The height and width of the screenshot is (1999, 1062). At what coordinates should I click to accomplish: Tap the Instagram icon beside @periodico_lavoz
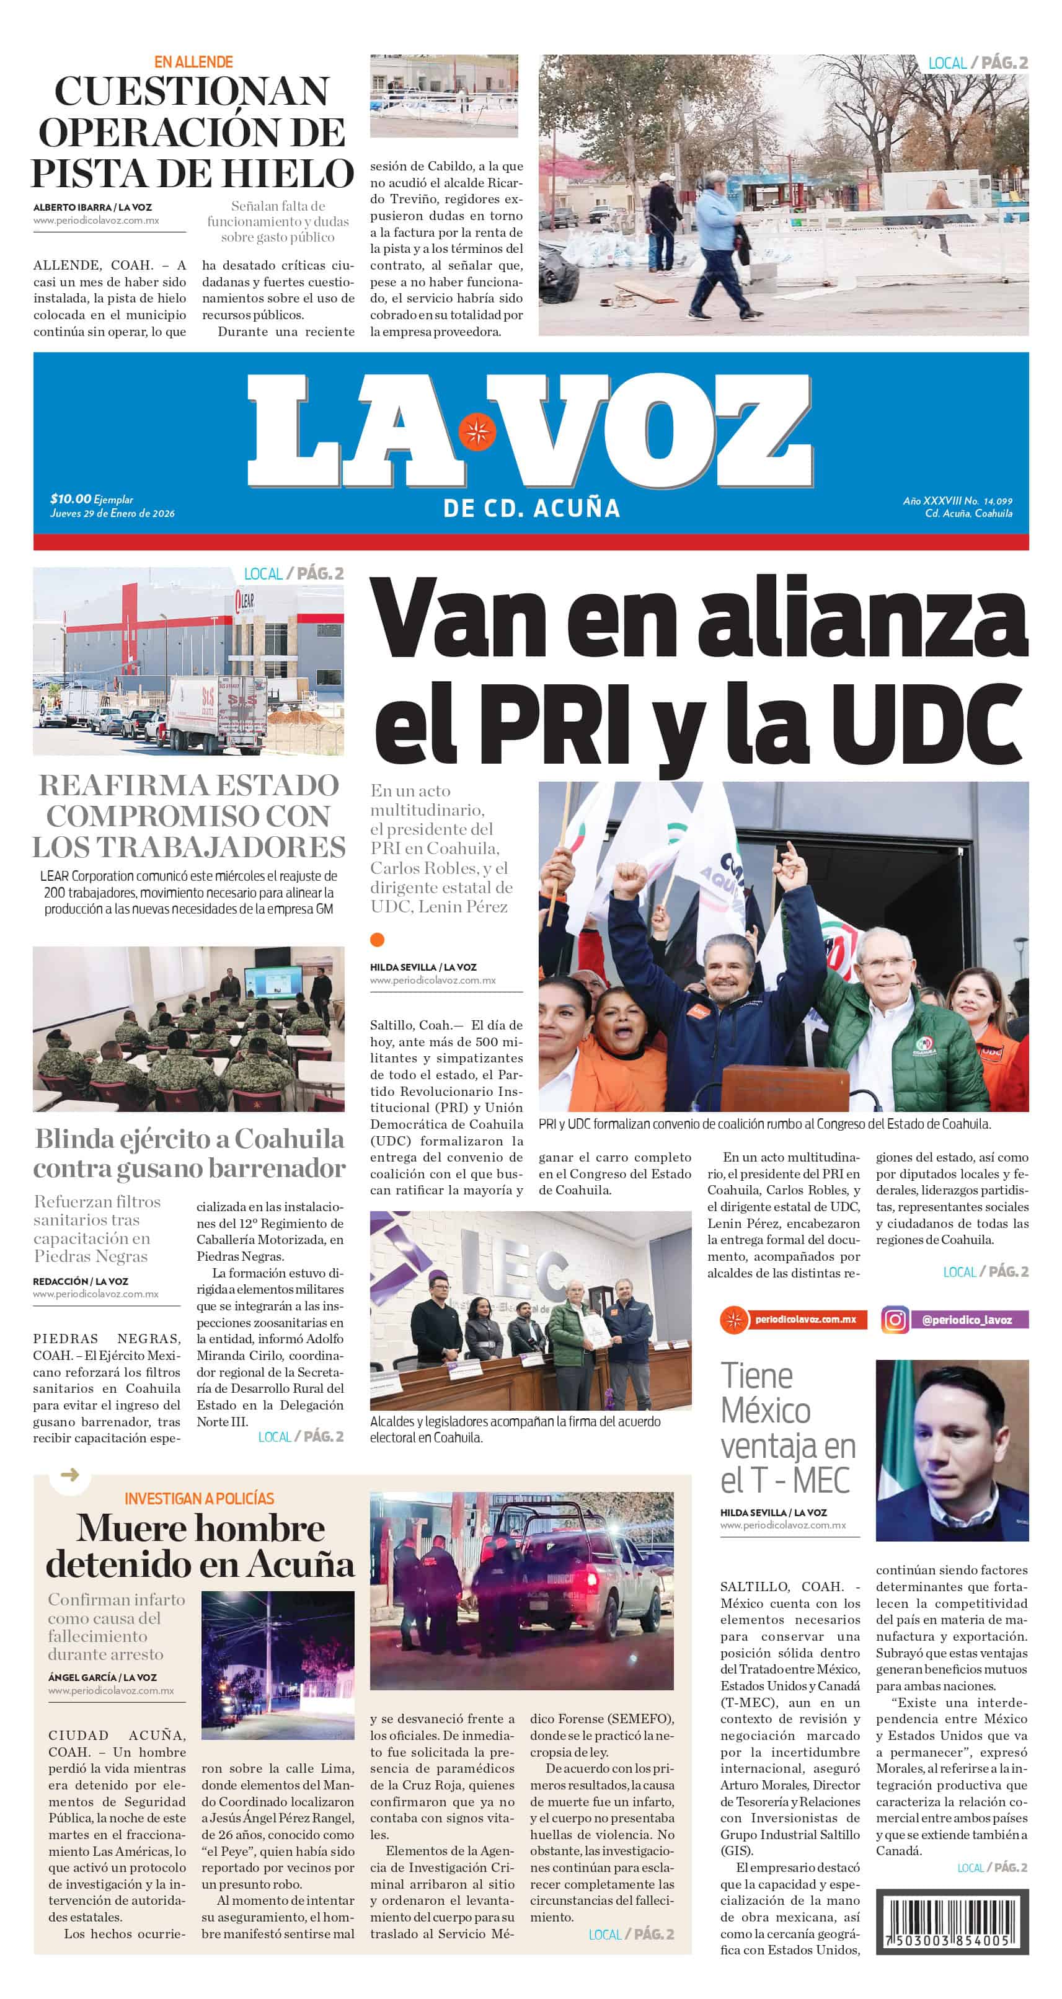895,1319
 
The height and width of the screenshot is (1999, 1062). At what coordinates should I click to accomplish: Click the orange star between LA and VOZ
477,431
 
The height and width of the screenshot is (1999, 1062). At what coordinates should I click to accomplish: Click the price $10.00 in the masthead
71,499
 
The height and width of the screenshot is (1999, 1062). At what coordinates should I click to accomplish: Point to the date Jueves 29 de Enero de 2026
113,513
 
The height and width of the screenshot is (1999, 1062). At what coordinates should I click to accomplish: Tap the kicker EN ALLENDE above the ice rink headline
193,62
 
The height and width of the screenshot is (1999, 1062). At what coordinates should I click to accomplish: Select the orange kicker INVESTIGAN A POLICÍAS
200,1498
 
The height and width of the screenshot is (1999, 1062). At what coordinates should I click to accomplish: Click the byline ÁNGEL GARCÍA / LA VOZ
102,1677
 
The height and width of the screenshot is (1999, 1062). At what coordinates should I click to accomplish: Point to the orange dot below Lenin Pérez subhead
378,940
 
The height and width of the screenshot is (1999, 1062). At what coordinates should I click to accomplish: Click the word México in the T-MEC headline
766,1411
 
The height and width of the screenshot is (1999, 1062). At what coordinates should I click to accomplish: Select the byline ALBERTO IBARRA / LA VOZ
92,207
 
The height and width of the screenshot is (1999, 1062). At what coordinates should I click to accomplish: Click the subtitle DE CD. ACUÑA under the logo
532,508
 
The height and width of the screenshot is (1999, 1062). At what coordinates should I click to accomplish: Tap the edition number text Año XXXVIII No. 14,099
957,501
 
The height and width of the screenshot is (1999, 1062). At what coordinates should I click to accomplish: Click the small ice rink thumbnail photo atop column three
443,95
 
